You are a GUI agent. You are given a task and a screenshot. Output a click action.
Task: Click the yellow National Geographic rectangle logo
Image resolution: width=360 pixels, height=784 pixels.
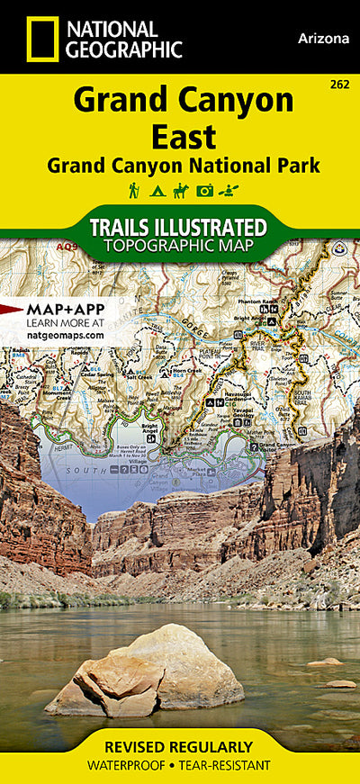41,39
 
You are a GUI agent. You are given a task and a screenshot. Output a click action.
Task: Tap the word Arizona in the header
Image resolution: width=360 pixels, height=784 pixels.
321,39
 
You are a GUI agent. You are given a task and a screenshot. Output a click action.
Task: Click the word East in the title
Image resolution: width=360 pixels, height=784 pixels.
183,137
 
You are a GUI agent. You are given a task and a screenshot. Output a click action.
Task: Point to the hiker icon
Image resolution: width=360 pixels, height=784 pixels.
134,190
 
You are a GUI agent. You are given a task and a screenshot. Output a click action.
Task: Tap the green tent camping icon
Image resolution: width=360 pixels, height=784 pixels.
157,190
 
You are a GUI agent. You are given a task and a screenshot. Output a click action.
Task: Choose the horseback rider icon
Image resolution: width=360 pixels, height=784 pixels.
180,190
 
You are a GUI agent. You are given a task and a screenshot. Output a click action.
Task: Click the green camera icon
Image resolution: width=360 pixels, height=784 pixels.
204,190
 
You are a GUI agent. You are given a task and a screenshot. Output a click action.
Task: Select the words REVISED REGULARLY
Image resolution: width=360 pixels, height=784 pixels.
178,747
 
